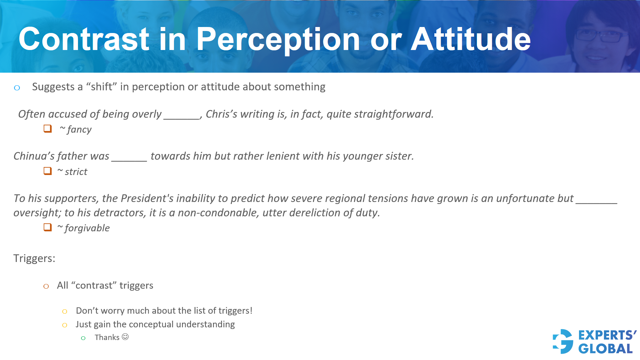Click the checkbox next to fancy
click(x=48, y=129)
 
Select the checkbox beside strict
click(x=48, y=171)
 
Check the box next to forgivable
click(x=48, y=227)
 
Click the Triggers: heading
click(x=34, y=258)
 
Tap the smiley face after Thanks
click(x=125, y=337)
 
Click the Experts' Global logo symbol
click(x=563, y=341)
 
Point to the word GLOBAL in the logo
click(x=605, y=349)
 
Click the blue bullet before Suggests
click(x=17, y=88)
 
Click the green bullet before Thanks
click(x=83, y=338)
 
